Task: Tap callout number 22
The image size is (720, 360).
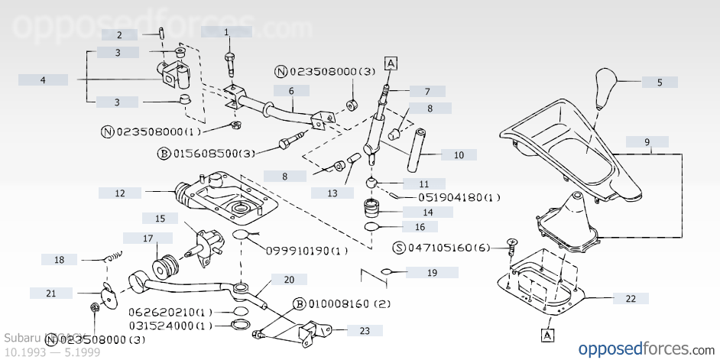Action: tap(631, 299)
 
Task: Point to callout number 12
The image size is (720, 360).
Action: tap(120, 193)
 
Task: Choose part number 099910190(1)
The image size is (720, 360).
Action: tap(306, 251)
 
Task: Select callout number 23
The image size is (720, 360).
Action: tap(365, 331)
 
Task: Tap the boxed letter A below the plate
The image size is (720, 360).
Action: tap(547, 334)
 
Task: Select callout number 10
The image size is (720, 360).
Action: tap(459, 155)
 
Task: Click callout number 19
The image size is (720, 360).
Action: tap(432, 272)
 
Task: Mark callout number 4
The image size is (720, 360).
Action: tap(43, 80)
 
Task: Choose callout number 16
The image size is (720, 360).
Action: tap(420, 227)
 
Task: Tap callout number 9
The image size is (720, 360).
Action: tap(647, 142)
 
